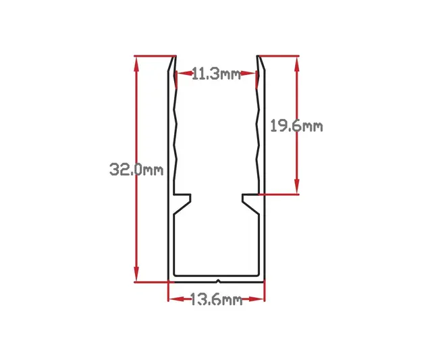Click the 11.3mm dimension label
[x=216, y=74]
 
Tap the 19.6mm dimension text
[x=296, y=126]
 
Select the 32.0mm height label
[x=136, y=170]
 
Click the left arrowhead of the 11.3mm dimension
[x=178, y=74]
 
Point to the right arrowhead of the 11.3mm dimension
[x=255, y=74]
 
